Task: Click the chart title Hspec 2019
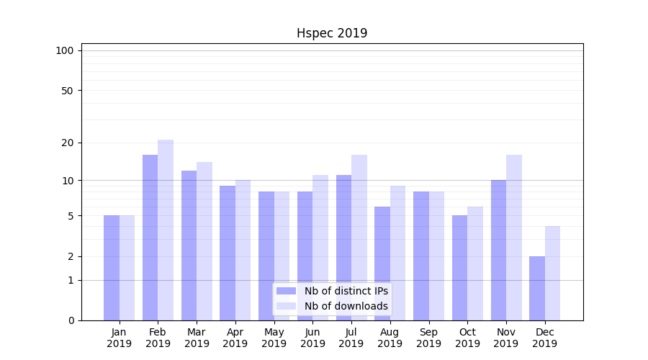332,33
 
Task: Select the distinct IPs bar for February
150,238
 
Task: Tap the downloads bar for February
166,230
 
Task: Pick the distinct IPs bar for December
537,288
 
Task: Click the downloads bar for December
553,274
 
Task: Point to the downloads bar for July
359,238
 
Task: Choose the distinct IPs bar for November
498,250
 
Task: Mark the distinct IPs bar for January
112,268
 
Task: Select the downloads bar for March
204,241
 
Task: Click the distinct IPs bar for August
382,264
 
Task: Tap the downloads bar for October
475,264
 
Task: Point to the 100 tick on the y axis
65,50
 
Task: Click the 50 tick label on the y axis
67,91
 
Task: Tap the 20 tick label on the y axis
67,143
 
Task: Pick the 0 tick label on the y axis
71,320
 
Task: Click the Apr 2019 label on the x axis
235,338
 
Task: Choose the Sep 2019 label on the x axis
428,338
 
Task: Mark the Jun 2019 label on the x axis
312,338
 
